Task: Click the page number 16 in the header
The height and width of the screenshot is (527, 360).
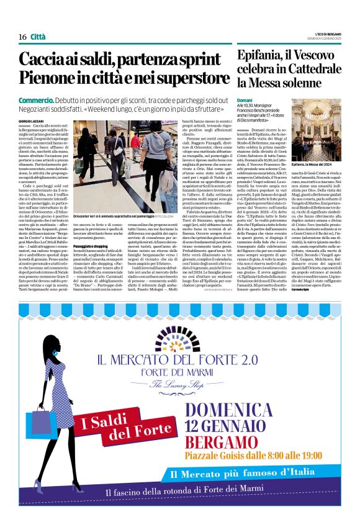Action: pos(22,37)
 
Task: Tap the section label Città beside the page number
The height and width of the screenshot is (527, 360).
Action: pos(38,37)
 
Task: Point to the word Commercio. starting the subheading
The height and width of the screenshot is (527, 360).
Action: pos(36,100)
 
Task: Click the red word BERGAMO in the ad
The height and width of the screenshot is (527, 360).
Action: pos(226,446)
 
